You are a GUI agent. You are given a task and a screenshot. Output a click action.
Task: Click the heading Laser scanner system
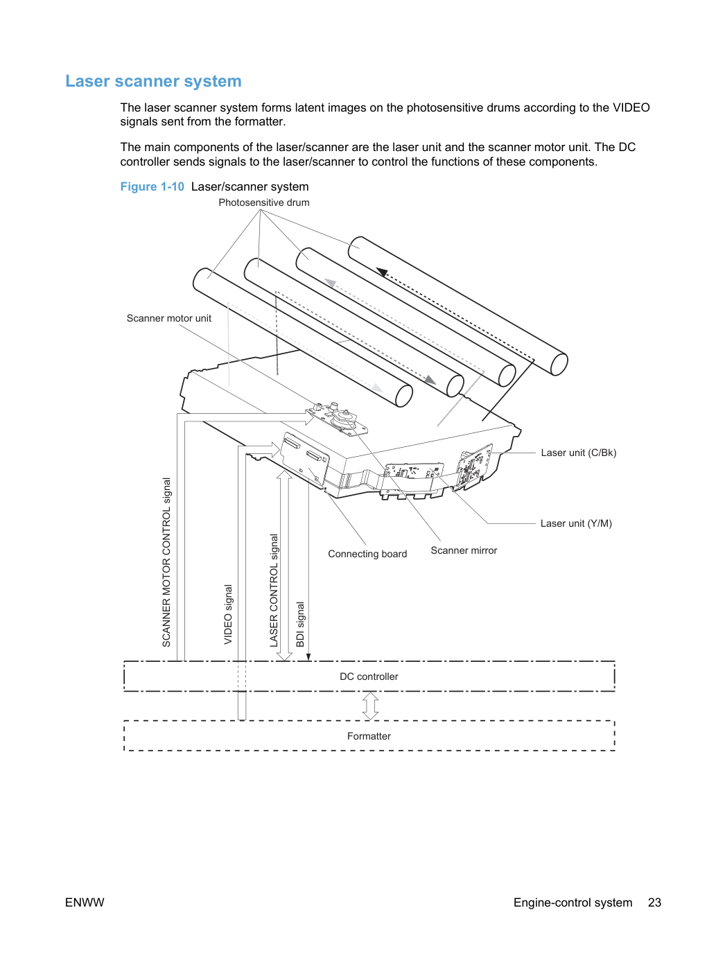point(153,81)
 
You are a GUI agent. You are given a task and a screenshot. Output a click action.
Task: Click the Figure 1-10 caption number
point(152,186)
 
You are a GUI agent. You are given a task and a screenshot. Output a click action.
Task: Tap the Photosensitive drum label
point(264,202)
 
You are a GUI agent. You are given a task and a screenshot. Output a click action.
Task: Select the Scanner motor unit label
point(169,318)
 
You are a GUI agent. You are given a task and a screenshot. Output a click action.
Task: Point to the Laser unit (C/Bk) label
point(578,453)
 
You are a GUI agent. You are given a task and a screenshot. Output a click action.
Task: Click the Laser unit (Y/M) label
point(576,523)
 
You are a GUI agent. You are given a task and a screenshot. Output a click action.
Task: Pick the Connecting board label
point(367,554)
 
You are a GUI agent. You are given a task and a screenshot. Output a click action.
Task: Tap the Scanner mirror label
point(464,550)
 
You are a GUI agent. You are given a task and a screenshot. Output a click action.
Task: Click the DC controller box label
point(369,676)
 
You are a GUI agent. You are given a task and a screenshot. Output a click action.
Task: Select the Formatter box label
point(369,736)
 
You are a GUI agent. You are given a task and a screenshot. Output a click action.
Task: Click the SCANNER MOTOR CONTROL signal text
point(166,563)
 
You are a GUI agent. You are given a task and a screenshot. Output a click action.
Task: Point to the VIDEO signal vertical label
point(228,614)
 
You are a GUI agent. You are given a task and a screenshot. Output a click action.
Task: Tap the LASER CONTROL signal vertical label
point(274,591)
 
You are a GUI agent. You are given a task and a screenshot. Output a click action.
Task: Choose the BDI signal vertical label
point(300,624)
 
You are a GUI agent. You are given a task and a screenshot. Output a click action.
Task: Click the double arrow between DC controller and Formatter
point(370,706)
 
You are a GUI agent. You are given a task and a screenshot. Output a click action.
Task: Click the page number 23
point(654,902)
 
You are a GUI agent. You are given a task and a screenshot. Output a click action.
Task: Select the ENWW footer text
point(85,902)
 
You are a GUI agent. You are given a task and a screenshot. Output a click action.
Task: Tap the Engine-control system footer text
point(573,902)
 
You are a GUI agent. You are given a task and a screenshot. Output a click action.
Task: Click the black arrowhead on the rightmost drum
point(382,272)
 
